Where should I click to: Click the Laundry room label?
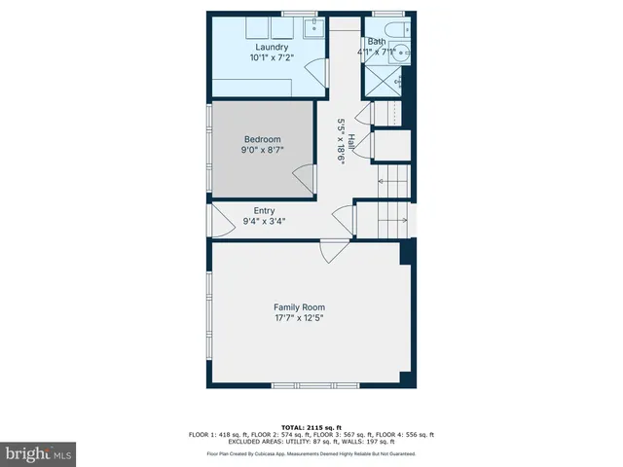[x=272, y=47]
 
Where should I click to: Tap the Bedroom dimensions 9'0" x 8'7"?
[x=262, y=151]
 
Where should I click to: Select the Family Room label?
[x=299, y=306]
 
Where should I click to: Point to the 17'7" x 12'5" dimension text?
[x=299, y=317]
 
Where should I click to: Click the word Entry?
[x=264, y=210]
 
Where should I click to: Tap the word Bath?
[x=376, y=42]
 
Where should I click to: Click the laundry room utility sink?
[x=312, y=27]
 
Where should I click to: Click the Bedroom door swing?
[x=305, y=178]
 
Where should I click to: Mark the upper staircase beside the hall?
[x=394, y=181]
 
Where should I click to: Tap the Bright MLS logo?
[x=39, y=452]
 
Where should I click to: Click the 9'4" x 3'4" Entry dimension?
[x=264, y=221]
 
